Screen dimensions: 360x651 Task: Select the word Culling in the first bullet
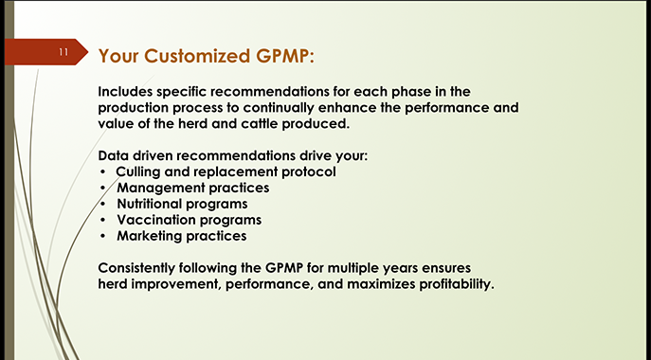pos(141,171)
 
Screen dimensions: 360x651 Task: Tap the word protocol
pos(307,171)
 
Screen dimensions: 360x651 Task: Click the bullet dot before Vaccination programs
pos(103,221)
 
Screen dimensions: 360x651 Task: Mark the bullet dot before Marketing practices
pos(103,237)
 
